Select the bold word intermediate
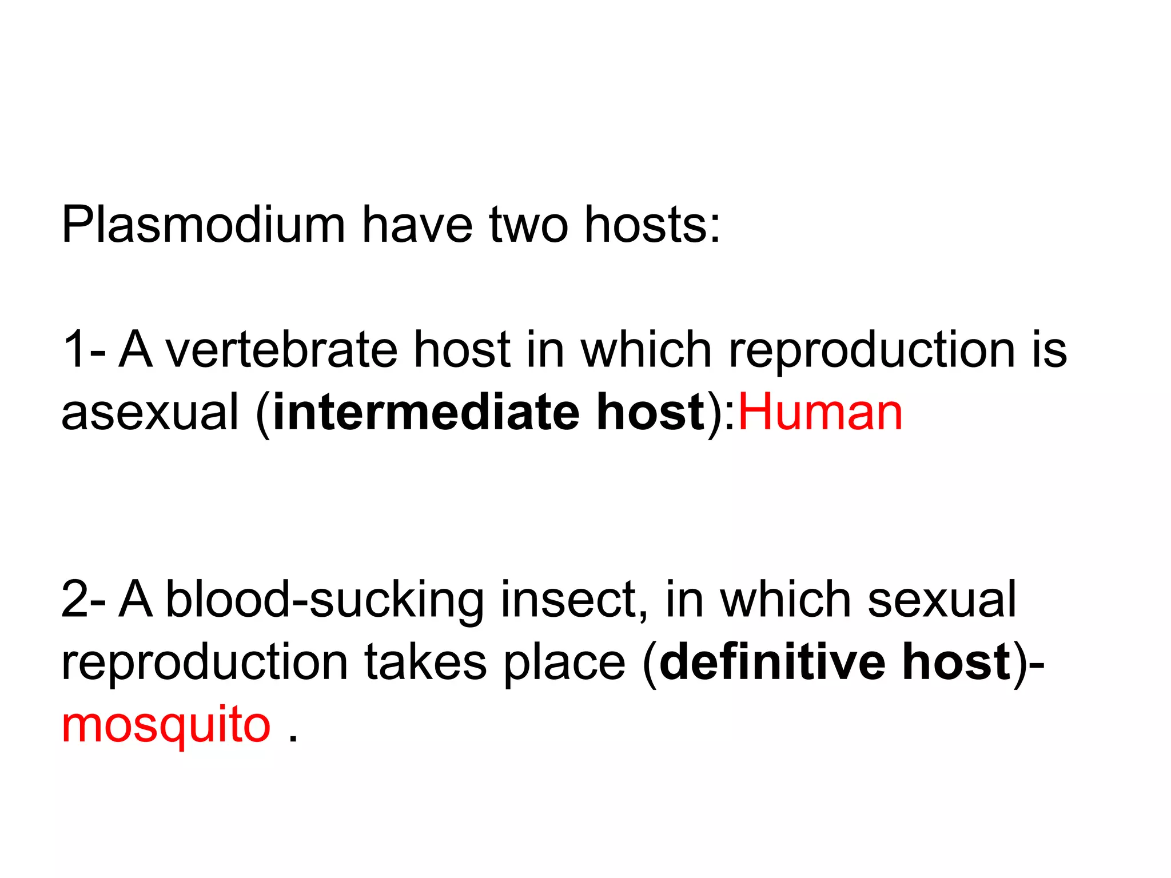[426, 413]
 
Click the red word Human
[821, 413]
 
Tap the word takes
[425, 663]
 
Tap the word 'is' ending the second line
[1049, 350]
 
